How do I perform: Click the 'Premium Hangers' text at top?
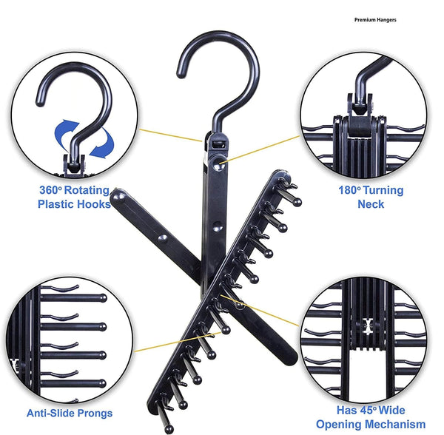click(x=375, y=20)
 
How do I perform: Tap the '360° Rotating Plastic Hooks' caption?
click(x=74, y=197)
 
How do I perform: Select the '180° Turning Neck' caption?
click(x=371, y=197)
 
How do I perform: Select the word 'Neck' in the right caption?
click(x=371, y=203)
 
